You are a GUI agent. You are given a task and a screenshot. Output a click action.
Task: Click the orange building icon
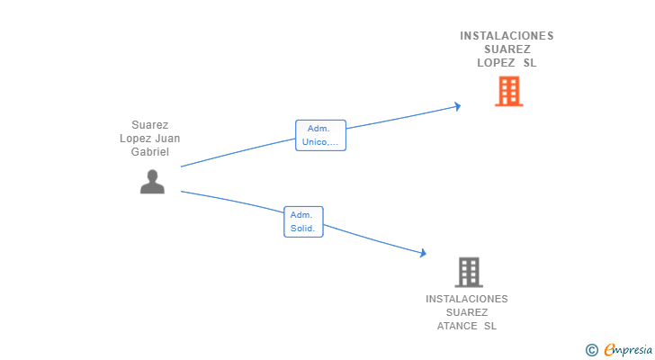509,91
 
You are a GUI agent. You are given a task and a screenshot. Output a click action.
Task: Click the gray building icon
469,273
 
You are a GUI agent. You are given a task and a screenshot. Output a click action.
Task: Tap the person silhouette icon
152,182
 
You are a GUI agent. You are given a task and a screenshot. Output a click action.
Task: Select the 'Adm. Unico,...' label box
320,135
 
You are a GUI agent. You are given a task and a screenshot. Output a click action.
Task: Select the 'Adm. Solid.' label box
303,221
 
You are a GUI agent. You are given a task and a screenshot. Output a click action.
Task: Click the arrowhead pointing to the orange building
458,106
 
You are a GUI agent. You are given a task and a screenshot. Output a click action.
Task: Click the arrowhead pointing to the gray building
424,253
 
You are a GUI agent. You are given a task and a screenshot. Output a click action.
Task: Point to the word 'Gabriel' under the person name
150,152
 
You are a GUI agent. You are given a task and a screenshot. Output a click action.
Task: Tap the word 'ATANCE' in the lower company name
457,326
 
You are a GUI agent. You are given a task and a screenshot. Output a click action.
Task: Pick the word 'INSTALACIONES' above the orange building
507,36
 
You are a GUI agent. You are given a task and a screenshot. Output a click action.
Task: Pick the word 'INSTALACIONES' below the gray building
467,299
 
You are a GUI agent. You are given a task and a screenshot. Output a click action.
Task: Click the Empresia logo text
628,349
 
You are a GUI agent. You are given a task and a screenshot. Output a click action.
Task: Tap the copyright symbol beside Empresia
591,350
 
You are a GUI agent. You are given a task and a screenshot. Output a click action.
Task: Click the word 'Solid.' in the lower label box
303,229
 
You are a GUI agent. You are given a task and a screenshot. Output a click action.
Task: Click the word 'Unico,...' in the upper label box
320,142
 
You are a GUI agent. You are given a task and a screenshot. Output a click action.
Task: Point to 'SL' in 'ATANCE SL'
490,326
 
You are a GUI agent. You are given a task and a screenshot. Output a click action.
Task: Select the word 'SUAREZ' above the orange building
507,49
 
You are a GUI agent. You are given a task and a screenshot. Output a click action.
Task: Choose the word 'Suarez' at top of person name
150,125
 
